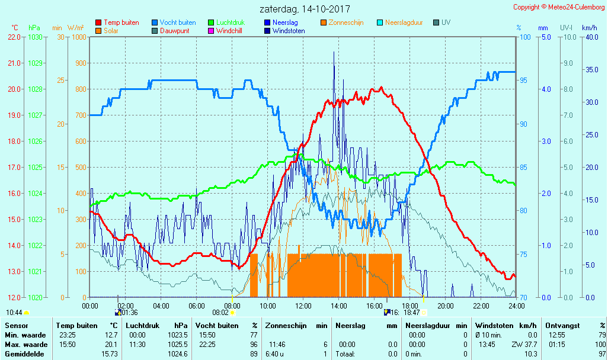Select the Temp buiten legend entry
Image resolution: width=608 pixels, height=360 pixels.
pyautogui.click(x=121, y=22)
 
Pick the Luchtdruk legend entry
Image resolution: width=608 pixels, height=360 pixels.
pyautogui.click(x=231, y=22)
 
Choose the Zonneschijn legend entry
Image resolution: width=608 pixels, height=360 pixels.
pyautogui.click(x=347, y=22)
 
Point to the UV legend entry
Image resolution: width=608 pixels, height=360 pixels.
pyautogui.click(x=446, y=22)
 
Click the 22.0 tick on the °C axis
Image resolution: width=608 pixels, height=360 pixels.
pyautogui.click(x=15, y=37)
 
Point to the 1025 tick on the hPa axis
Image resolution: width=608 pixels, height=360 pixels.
pyautogui.click(x=35, y=167)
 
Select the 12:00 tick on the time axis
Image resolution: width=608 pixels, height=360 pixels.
pyautogui.click(x=303, y=306)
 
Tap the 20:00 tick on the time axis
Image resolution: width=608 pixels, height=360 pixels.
pyautogui.click(x=445, y=306)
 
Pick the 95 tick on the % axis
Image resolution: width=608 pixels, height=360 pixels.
pyautogui.click(x=523, y=80)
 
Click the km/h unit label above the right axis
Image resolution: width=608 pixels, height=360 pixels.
pyautogui.click(x=589, y=28)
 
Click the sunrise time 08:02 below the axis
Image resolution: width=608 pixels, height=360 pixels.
pyautogui.click(x=220, y=312)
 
